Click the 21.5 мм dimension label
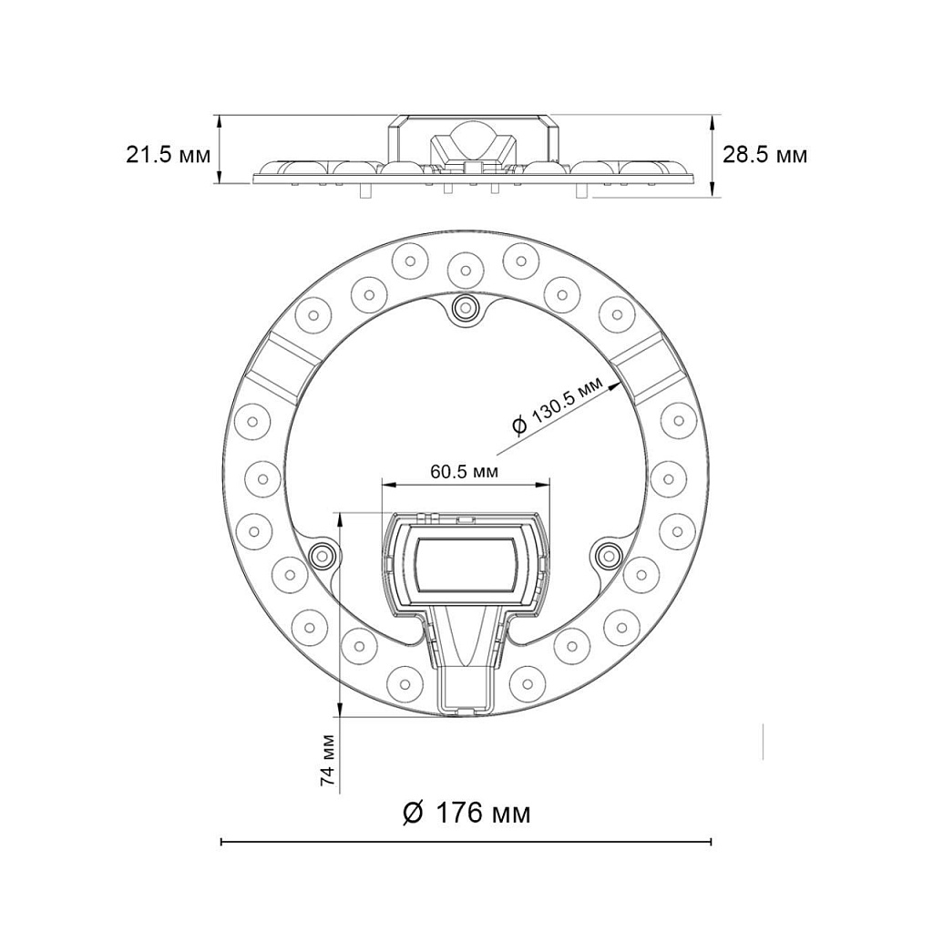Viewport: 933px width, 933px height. [168, 154]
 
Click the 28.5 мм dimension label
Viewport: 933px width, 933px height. [764, 154]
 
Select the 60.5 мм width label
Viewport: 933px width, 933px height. [464, 471]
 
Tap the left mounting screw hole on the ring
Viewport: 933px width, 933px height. [322, 554]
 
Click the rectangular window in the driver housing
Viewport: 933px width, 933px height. [466, 566]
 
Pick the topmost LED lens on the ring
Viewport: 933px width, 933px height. [466, 267]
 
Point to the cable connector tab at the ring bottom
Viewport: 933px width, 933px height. [466, 693]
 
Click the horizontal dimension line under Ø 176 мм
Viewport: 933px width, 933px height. [466, 841]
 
